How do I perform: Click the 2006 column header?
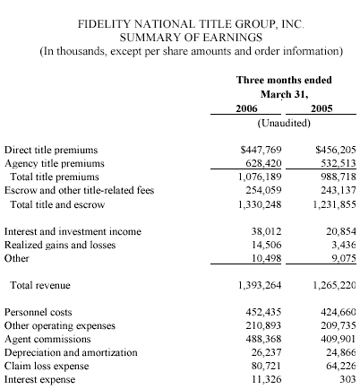pyautogui.click(x=246, y=108)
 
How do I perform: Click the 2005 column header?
pyautogui.click(x=321, y=108)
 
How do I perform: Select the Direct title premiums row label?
pyautogui.click(x=51, y=150)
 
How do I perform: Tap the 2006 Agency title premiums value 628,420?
pyautogui.click(x=263, y=163)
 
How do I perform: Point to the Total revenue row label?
pyautogui.click(x=40, y=285)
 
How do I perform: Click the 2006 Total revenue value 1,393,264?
pyautogui.click(x=260, y=285)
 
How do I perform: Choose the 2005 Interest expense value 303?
pyautogui.click(x=347, y=379)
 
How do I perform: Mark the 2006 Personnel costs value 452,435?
pyautogui.click(x=263, y=312)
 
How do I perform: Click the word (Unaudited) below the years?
pyautogui.click(x=284, y=123)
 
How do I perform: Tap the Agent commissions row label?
pyautogui.click(x=47, y=340)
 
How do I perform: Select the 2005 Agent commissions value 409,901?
pyautogui.click(x=339, y=339)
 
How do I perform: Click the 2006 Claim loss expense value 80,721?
pyautogui.click(x=266, y=366)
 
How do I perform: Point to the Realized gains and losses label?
pyautogui.click(x=60, y=246)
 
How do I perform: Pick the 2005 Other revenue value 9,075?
pyautogui.click(x=344, y=258)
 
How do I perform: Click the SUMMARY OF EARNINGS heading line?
pyautogui.click(x=191, y=38)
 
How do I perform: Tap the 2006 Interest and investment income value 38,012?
pyautogui.click(x=266, y=231)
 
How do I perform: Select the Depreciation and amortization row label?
pyautogui.click(x=71, y=353)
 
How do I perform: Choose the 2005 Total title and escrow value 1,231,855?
pyautogui.click(x=335, y=204)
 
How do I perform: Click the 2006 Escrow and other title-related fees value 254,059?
pyautogui.click(x=263, y=190)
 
